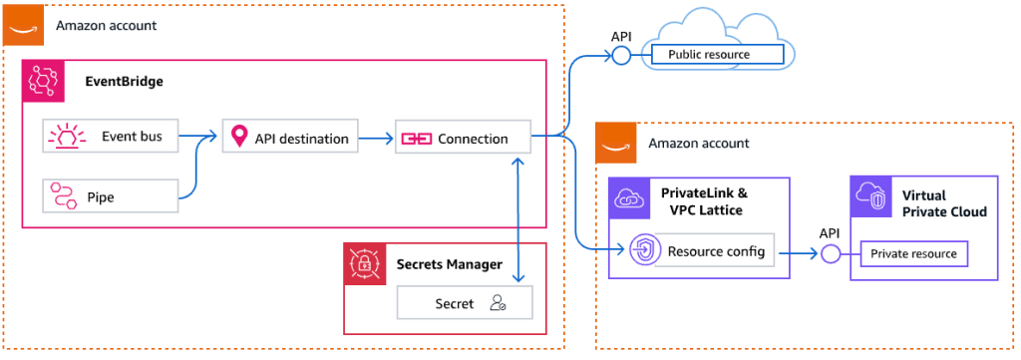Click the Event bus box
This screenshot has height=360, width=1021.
click(111, 137)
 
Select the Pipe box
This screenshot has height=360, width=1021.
click(111, 196)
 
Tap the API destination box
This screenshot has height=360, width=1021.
click(290, 138)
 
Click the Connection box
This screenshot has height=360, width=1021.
click(463, 139)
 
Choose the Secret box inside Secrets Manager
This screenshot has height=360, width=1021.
click(464, 303)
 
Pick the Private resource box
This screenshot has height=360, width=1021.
click(913, 253)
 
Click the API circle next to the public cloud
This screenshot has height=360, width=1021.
click(619, 55)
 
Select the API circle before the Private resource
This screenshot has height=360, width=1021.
click(829, 253)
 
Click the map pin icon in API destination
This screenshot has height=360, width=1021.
click(238, 138)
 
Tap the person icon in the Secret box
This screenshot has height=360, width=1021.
click(499, 303)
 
